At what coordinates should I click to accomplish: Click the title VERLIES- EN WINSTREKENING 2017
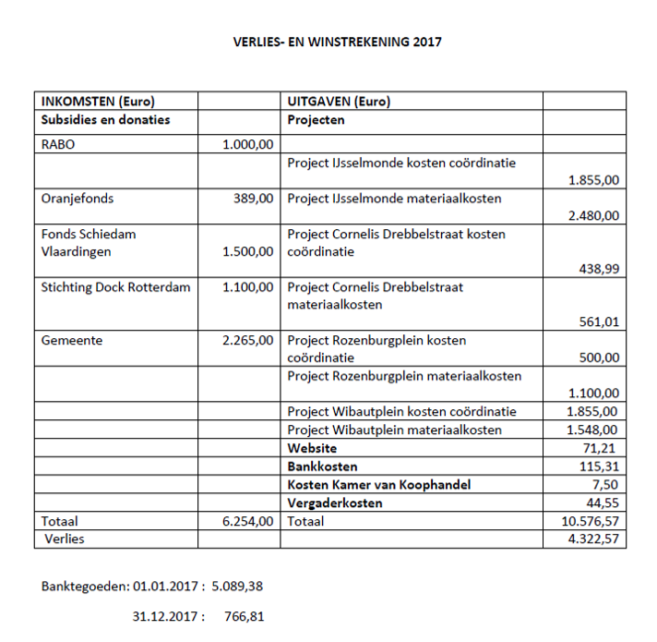[338, 42]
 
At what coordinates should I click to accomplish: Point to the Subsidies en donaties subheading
[106, 120]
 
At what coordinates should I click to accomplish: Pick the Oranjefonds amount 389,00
[253, 198]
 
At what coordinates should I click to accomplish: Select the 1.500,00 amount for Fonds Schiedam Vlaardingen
[248, 251]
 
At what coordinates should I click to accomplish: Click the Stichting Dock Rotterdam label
[115, 287]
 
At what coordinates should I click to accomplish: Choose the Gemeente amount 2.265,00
[248, 341]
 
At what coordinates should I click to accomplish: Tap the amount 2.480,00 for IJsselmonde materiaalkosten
[593, 216]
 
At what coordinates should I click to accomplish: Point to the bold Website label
[312, 448]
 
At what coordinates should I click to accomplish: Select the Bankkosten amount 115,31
[598, 466]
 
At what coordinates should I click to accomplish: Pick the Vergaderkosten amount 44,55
[602, 503]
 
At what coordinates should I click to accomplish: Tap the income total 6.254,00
[248, 522]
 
